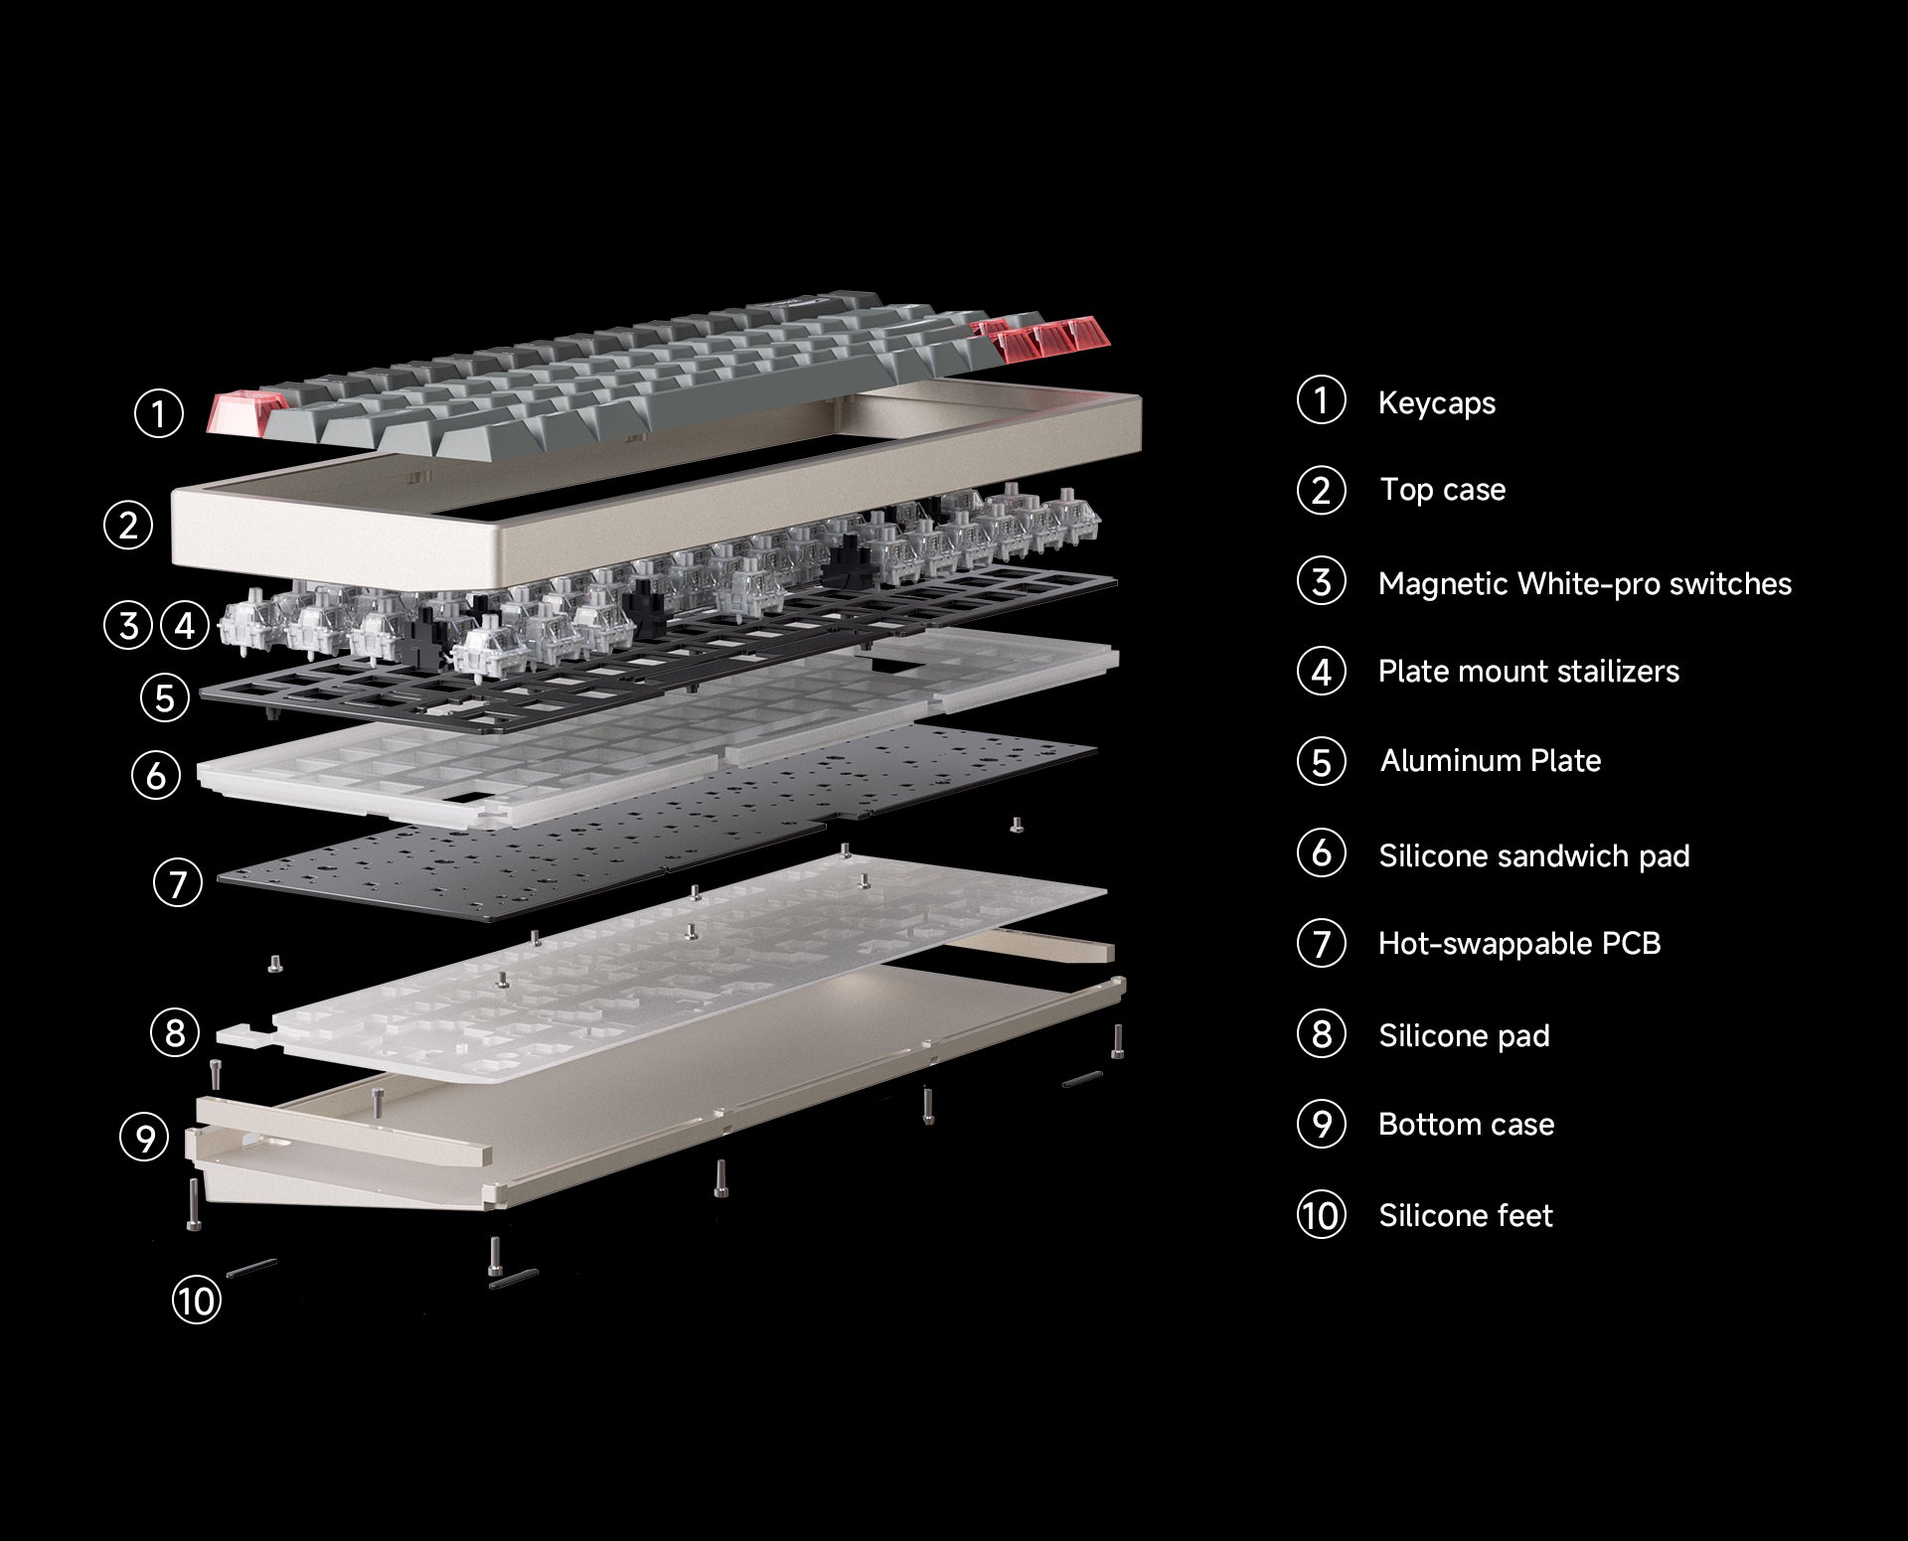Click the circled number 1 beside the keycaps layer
(x=159, y=413)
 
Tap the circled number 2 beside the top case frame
(x=128, y=525)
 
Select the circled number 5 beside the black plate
(x=165, y=697)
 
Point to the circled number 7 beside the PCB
(x=178, y=883)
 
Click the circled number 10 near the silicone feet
(x=197, y=1301)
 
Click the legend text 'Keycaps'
(x=1437, y=403)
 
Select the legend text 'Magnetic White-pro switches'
(x=1585, y=584)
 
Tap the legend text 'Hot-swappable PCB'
(x=1519, y=944)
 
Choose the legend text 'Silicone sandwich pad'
(x=1534, y=856)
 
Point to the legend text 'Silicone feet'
(x=1466, y=1216)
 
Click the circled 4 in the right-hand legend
(x=1322, y=672)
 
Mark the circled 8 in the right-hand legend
(x=1322, y=1034)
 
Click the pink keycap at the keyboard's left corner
(x=244, y=411)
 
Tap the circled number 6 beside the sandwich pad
(x=156, y=775)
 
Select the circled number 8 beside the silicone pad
(x=175, y=1032)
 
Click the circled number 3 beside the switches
(x=128, y=626)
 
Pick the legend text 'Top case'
(x=1443, y=491)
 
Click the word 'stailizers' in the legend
(x=1618, y=672)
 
